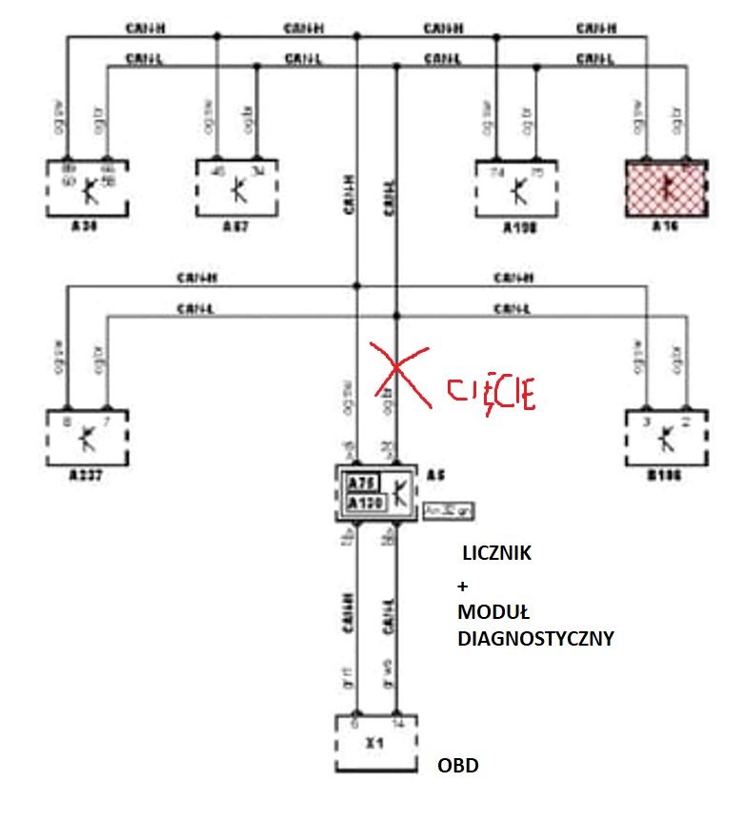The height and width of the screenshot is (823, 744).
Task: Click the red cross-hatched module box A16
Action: point(665,188)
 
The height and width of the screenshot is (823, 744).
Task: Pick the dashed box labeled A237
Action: point(86,438)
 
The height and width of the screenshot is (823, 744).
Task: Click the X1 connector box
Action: point(377,744)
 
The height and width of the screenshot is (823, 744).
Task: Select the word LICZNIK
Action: point(496,553)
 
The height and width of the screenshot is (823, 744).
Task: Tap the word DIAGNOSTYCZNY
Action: point(535,640)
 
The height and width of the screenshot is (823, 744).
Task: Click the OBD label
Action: point(458,766)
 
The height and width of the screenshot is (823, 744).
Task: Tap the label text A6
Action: point(437,474)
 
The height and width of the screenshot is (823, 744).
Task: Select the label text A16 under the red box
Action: point(664,229)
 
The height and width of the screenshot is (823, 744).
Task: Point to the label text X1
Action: point(378,740)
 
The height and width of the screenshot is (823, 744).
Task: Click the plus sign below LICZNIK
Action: point(463,586)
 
